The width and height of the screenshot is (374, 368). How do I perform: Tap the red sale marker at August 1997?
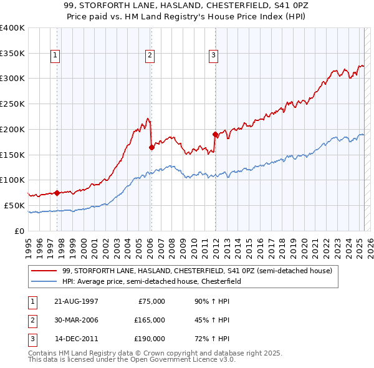click(x=57, y=193)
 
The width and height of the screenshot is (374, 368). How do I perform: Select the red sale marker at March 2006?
click(x=151, y=147)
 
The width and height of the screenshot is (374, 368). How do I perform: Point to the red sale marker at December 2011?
click(x=215, y=134)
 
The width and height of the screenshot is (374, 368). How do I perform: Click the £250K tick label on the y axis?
click(x=12, y=104)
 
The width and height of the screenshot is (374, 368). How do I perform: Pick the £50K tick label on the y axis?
click(x=14, y=205)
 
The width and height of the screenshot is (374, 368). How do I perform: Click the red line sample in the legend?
click(x=45, y=270)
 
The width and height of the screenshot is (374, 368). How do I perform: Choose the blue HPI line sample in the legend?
click(x=45, y=281)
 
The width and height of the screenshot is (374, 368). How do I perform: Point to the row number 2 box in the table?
click(x=32, y=320)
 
